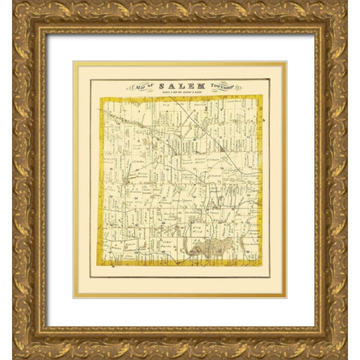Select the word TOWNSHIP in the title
point(211,87)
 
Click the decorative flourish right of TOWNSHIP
point(227,88)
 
